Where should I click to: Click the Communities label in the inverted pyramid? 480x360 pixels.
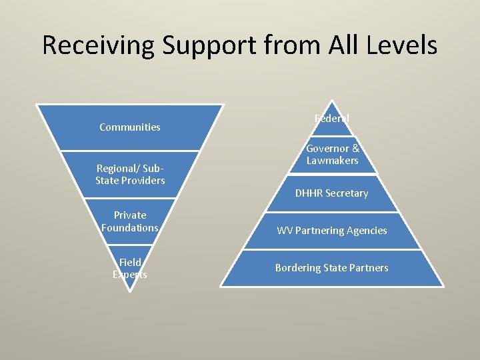point(130,127)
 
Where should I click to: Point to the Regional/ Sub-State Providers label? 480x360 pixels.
point(130,174)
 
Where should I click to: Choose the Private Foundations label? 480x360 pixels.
point(130,221)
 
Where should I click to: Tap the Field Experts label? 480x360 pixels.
point(130,268)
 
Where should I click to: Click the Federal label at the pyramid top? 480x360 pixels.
point(332,118)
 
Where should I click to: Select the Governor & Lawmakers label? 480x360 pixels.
point(332,154)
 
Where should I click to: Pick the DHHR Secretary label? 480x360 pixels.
point(332,193)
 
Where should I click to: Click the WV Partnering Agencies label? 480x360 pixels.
point(332,231)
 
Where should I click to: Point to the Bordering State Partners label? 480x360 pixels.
point(332,268)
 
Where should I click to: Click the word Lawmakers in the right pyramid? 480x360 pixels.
point(332,161)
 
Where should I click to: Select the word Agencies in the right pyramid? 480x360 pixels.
point(366,231)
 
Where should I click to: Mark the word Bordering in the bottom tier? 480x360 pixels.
point(298,268)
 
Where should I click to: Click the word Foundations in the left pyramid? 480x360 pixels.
point(130,228)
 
